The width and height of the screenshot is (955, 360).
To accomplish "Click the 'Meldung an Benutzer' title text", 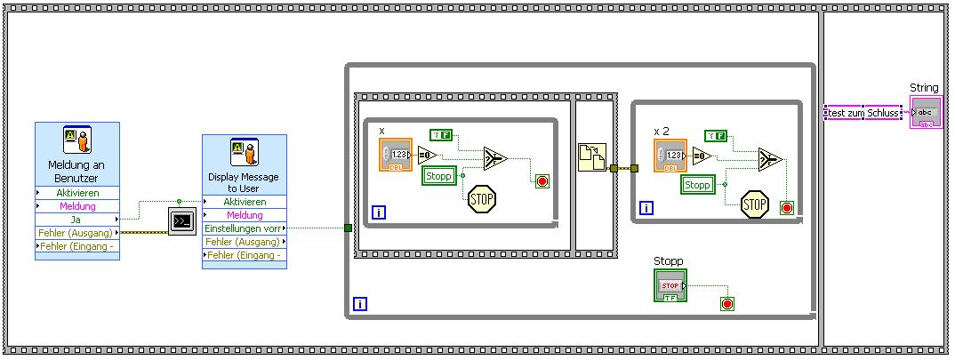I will (x=76, y=172).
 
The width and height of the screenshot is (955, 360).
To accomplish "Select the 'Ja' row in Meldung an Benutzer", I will (x=76, y=219).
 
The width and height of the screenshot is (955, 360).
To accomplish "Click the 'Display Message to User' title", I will (x=244, y=182).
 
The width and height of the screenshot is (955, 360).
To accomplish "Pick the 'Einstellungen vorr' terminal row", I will (x=244, y=228).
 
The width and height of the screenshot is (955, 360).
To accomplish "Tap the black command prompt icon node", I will (x=181, y=220).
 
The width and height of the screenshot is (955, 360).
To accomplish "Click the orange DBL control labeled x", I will (x=396, y=155).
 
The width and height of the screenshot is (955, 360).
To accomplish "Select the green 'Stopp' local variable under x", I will (x=437, y=176).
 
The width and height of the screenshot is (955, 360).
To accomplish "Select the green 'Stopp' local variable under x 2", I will (x=697, y=185).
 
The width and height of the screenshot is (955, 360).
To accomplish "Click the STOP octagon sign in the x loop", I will (x=481, y=197).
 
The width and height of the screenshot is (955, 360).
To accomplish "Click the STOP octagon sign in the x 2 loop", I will (x=755, y=204).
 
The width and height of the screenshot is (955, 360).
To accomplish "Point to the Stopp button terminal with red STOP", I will (x=670, y=285).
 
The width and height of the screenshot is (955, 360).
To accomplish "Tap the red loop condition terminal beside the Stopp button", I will (x=727, y=304).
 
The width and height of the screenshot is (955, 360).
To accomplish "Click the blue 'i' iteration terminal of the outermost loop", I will (x=360, y=304).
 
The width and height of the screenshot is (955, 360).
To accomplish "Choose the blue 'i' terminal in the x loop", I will (x=378, y=212).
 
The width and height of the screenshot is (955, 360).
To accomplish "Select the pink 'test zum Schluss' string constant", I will (x=863, y=113).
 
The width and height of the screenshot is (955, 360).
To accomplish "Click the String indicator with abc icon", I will (x=926, y=113).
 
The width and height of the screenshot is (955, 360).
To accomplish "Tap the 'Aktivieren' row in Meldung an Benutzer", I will (x=76, y=193).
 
